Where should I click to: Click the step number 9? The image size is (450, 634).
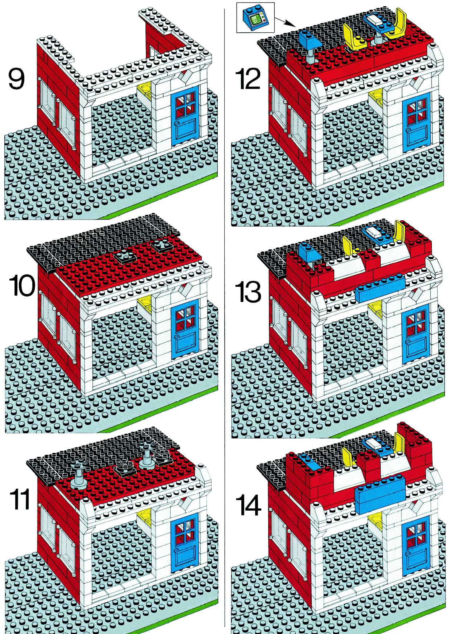click(16, 79)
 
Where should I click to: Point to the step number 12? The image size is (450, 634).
click(247, 79)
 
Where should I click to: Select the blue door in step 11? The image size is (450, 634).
click(185, 545)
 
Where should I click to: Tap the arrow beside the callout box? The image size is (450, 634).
click(285, 22)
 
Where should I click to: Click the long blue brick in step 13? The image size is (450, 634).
click(380, 290)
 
